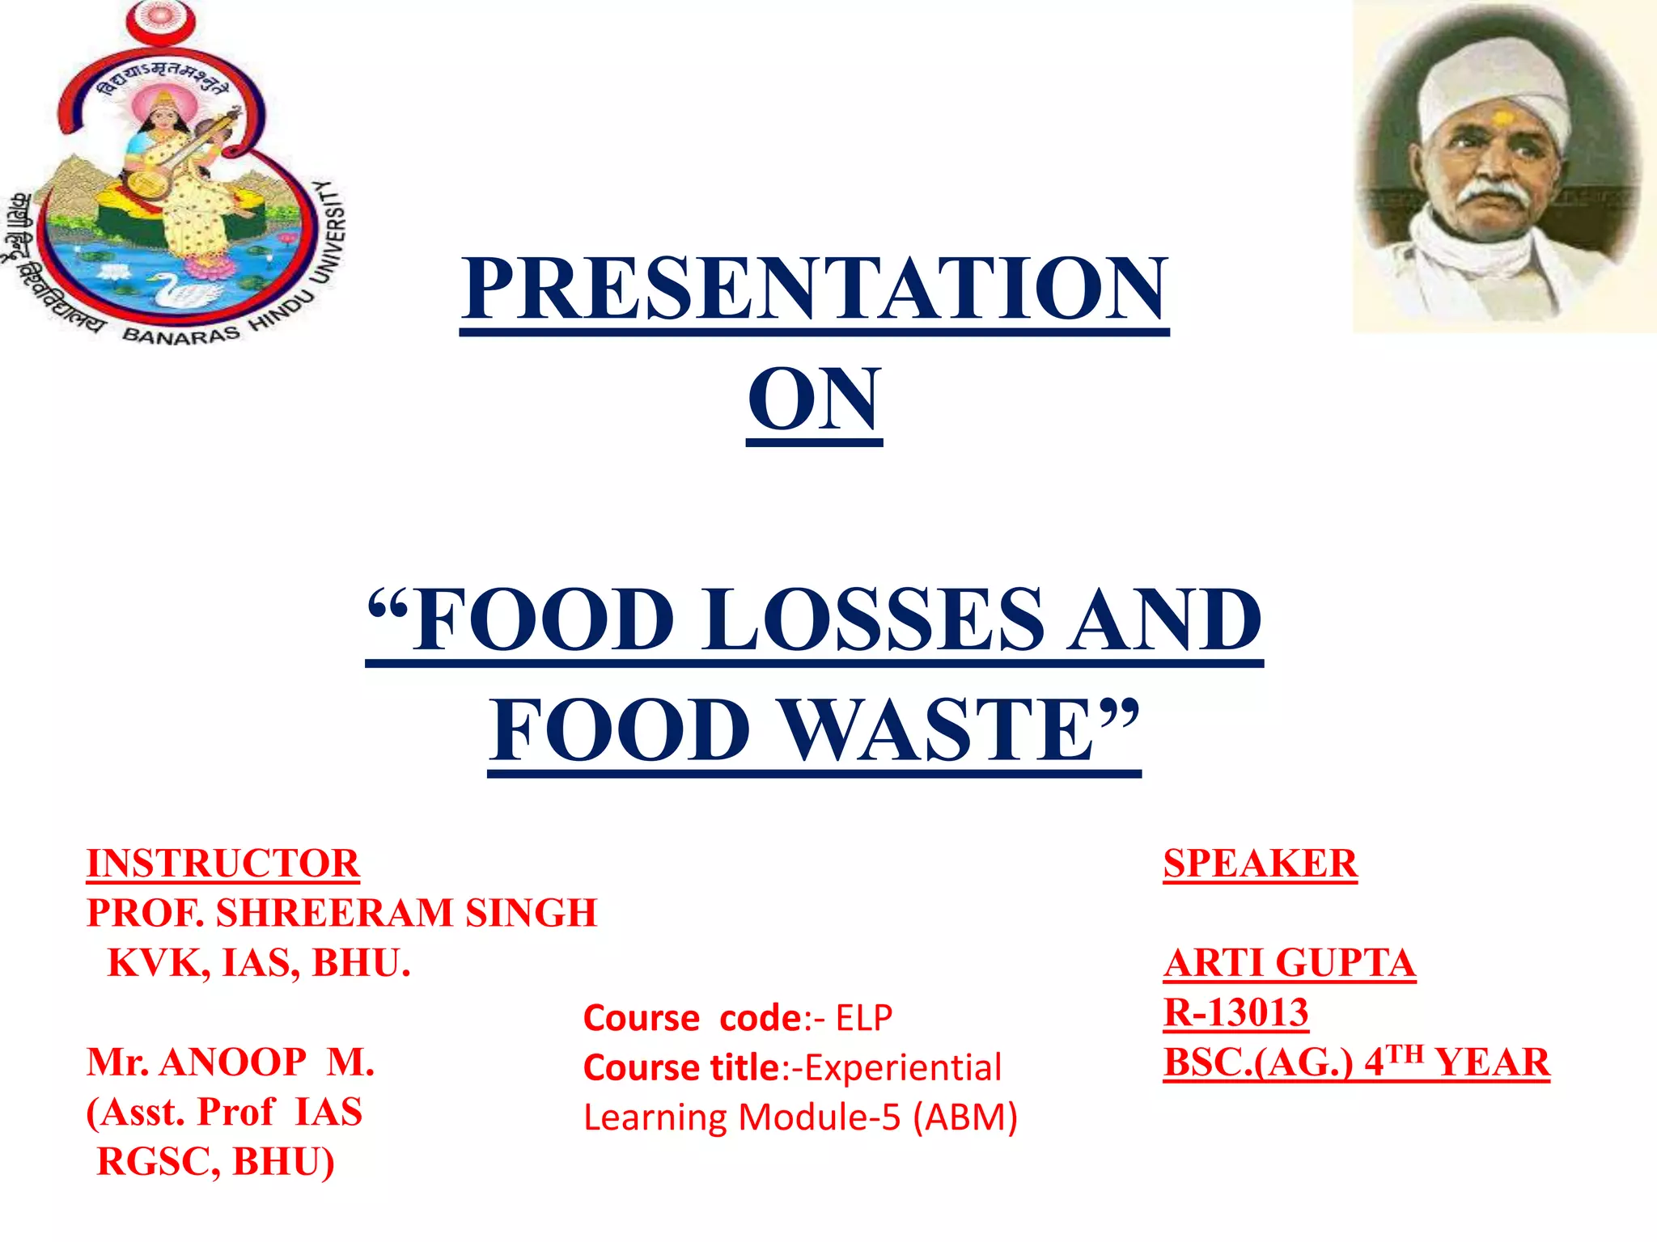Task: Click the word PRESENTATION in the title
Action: click(x=814, y=288)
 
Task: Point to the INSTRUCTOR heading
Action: click(x=222, y=863)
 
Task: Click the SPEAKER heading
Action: click(x=1260, y=863)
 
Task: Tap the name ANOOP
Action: click(x=233, y=1062)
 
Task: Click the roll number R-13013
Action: click(x=1235, y=1012)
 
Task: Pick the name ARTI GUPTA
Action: click(x=1290, y=963)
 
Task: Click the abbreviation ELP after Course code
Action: click(x=864, y=1018)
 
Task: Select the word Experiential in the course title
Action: click(x=903, y=1067)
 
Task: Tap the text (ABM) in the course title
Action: click(x=965, y=1117)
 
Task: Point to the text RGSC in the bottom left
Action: click(x=158, y=1162)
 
